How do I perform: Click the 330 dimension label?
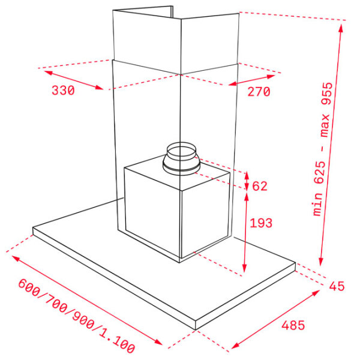tap(63, 90)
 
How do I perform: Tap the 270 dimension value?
tap(259, 92)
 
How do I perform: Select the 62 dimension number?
tap(260, 186)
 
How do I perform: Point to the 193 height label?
tap(261, 223)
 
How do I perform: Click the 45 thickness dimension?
tap(337, 286)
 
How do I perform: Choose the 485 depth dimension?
tap(293, 325)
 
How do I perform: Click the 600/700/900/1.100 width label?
tap(76, 316)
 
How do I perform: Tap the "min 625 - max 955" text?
tap(323, 149)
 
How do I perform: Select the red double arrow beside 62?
tap(247, 181)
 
